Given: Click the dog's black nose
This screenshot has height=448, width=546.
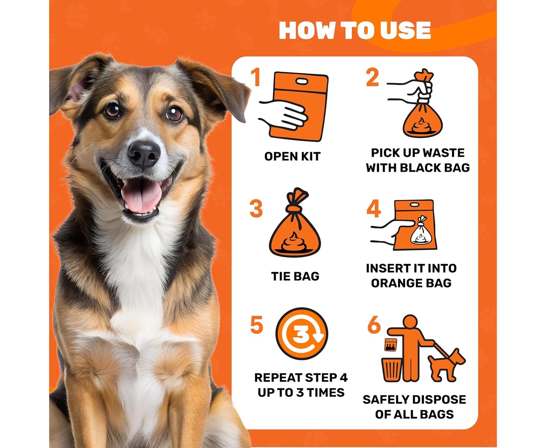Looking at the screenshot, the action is (x=144, y=154).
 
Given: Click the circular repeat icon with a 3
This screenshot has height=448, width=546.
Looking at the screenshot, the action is (x=302, y=334).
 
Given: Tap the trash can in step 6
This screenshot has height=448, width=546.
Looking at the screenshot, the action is (x=392, y=370).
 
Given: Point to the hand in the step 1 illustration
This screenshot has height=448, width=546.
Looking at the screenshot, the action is (x=283, y=115).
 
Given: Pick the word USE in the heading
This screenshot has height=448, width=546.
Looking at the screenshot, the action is (x=405, y=30).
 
